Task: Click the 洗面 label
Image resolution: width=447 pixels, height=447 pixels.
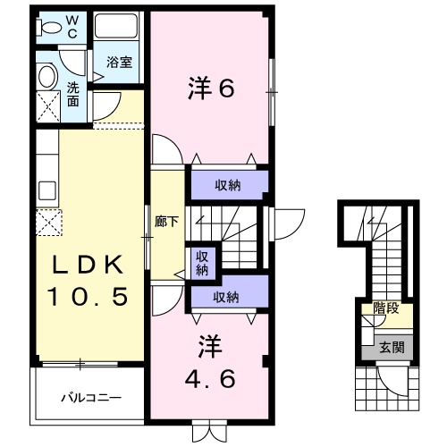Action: coord(72,94)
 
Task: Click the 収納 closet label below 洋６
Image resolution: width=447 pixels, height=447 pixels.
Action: coord(227,186)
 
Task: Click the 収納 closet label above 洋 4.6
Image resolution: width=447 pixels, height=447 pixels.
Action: coord(226,298)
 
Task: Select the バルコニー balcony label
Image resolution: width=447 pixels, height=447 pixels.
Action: coord(90,396)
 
